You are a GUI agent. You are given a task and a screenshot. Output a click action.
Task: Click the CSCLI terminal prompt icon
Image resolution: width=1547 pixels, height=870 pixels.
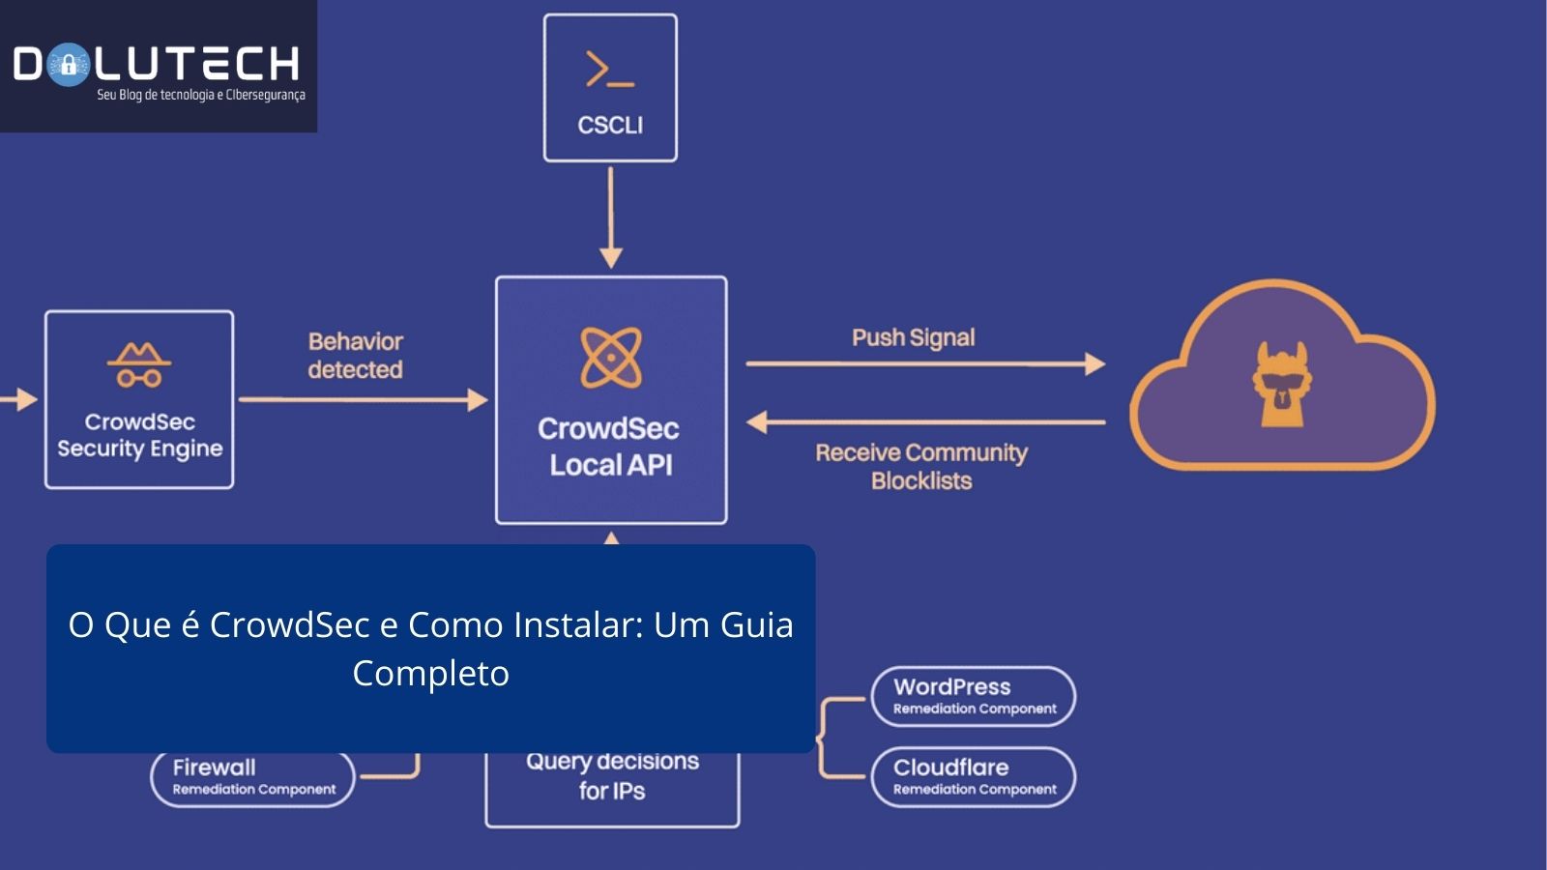coord(610,70)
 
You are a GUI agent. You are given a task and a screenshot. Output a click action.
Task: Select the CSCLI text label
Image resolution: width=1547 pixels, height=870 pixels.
coord(610,125)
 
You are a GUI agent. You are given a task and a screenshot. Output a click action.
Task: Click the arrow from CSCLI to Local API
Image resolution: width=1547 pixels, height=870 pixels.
coord(610,217)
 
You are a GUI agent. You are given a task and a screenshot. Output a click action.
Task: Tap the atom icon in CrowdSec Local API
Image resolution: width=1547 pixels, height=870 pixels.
coord(610,358)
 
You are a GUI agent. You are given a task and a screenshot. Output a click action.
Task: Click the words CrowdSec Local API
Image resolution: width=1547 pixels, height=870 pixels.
coord(609,447)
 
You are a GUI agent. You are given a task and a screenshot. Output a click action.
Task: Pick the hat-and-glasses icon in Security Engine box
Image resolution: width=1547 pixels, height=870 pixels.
coord(139,364)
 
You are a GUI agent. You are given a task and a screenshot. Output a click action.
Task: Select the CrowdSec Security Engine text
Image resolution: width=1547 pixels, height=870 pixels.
coord(139,435)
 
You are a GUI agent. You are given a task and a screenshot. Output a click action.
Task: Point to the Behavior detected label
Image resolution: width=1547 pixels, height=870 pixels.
coord(355,356)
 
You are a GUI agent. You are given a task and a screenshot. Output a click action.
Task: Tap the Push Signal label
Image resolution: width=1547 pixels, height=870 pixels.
coord(913,337)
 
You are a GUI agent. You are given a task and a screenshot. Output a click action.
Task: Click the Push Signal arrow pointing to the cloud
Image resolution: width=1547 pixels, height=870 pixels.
coord(924,363)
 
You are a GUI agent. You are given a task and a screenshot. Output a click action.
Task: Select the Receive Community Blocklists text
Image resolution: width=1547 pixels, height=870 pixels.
coord(920,466)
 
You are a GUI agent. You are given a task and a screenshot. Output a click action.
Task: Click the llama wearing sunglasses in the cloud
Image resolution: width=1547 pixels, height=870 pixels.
coord(1281,385)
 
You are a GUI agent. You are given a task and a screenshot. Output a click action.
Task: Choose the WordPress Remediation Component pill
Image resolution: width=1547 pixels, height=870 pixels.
coord(973,696)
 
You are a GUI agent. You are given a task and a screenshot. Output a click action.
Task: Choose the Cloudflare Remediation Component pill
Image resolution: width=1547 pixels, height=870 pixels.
coord(973,776)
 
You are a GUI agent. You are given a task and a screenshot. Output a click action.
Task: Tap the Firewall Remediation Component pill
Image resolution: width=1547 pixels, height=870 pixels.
coord(253,777)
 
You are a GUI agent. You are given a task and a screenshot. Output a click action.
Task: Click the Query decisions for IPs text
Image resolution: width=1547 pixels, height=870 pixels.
coord(612,775)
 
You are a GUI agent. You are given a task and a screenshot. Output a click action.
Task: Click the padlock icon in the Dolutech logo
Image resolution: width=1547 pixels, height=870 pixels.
coord(68,66)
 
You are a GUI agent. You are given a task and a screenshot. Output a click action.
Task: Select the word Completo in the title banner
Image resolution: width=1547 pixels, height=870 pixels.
coord(430,673)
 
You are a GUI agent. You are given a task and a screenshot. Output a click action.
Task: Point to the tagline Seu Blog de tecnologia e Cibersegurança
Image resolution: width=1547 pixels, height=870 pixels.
coord(200,95)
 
